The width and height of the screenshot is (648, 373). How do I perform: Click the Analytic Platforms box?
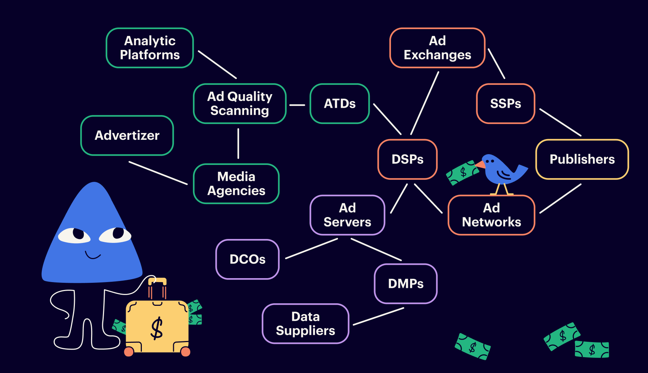[150, 48]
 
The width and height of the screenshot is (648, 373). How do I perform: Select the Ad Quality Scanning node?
[240, 103]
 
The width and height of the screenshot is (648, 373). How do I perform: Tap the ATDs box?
[339, 103]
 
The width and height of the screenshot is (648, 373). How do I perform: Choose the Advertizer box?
[127, 135]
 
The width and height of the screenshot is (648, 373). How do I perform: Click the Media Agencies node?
[236, 184]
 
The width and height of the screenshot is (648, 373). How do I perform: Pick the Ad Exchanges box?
[437, 48]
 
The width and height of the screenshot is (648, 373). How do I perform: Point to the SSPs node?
[505, 103]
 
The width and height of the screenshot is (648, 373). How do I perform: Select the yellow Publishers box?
[582, 159]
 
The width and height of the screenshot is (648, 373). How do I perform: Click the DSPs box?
[408, 159]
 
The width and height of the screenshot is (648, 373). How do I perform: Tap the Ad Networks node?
[491, 215]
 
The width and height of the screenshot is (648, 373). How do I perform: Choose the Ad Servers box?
[347, 215]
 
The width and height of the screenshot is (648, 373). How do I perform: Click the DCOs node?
[248, 259]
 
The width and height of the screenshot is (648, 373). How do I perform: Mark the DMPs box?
[406, 284]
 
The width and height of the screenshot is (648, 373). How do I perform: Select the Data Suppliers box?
[305, 323]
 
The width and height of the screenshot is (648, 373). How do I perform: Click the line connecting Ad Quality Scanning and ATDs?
[297, 105]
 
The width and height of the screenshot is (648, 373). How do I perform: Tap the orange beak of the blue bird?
[480, 165]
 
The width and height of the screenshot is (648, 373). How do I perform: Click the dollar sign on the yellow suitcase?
[157, 328]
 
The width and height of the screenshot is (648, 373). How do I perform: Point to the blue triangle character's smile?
[93, 256]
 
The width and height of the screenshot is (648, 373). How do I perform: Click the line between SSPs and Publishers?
[560, 122]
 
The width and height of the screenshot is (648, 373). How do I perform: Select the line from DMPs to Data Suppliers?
[378, 316]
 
